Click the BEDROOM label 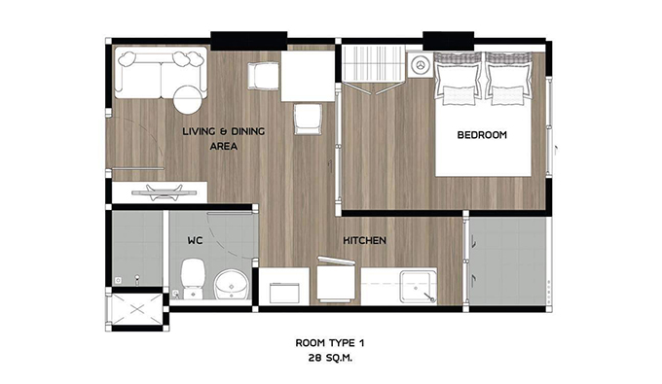[x=482, y=135]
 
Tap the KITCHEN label [x=364, y=240]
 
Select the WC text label [x=195, y=240]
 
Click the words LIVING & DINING [x=224, y=131]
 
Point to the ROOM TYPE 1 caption [x=330, y=343]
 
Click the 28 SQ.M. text [x=330, y=359]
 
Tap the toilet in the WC [x=193, y=277]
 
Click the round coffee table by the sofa [x=188, y=99]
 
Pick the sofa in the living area [x=161, y=73]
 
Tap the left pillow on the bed [x=459, y=79]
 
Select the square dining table [x=308, y=76]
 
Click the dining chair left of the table [x=264, y=76]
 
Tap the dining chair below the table [x=308, y=120]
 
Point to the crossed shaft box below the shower [x=137, y=309]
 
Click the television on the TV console [x=164, y=192]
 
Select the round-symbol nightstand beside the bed [x=420, y=65]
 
